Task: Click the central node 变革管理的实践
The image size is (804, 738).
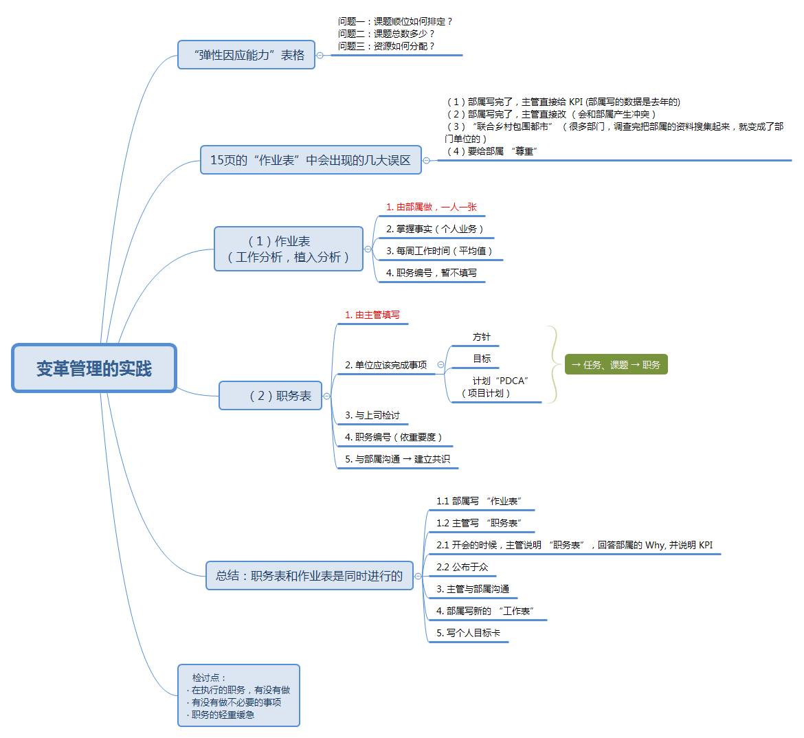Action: point(94,368)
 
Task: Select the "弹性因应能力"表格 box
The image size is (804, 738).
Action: point(246,55)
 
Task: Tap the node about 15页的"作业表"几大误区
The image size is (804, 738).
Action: point(310,160)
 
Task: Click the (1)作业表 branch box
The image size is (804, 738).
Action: point(289,249)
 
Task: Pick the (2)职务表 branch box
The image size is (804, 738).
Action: point(271,396)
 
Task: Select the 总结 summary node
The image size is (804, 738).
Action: point(309,576)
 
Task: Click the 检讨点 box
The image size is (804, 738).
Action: point(238,695)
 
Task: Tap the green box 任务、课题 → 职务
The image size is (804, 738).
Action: point(616,365)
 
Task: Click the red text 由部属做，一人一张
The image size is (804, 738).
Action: point(431,207)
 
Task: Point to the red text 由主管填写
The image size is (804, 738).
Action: point(372,315)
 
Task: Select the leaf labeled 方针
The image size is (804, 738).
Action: point(481,337)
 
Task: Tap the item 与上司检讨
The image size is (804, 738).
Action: point(372,415)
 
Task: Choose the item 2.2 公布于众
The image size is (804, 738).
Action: point(462,567)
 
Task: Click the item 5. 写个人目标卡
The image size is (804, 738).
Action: point(468,633)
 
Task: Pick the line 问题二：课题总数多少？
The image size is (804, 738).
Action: point(386,34)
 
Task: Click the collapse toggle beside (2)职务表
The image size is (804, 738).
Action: point(327,396)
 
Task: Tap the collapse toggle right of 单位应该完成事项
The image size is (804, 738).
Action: point(441,365)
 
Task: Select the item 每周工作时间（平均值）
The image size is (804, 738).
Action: point(439,251)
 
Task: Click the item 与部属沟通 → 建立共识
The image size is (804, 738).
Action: point(397,459)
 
